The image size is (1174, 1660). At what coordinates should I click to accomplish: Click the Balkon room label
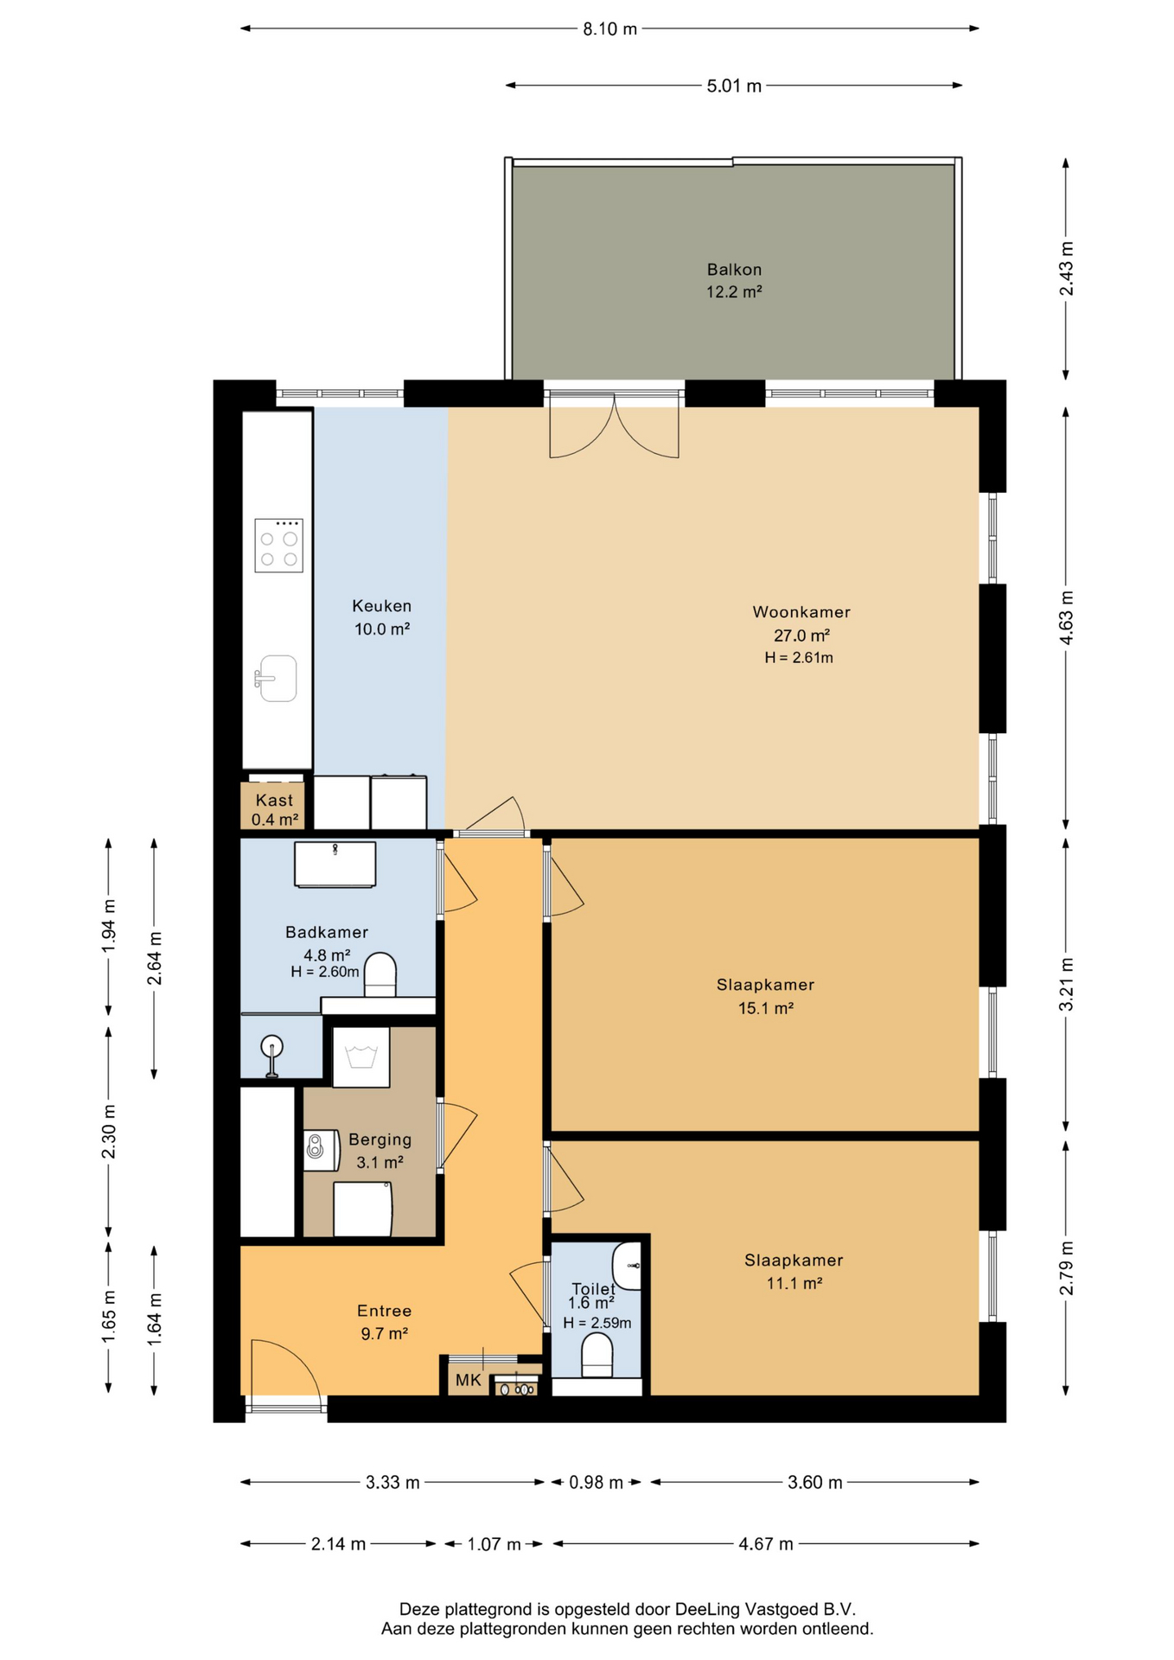point(734,270)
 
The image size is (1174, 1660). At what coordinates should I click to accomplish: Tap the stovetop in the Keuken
point(278,546)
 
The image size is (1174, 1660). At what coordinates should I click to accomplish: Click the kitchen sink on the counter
point(276,679)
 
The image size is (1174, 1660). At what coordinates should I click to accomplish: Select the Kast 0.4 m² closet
point(272,808)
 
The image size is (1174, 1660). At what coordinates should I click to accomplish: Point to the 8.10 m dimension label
point(609,29)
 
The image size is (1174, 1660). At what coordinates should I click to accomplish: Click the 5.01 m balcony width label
point(734,86)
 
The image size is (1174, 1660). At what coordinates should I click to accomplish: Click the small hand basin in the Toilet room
point(628,1266)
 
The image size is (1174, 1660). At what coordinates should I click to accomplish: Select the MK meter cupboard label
point(468,1381)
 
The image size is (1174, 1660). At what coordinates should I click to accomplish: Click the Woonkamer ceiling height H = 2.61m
point(799,658)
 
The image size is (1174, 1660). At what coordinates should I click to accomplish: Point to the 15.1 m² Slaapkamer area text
point(765,1008)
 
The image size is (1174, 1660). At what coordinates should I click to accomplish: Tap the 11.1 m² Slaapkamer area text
point(794,1284)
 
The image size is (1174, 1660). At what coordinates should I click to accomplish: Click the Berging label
point(380,1140)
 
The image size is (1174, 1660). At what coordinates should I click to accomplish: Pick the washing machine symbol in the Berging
point(360,1057)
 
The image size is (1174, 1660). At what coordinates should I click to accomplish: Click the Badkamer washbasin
point(335,864)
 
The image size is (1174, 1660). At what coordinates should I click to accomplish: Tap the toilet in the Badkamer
point(380,974)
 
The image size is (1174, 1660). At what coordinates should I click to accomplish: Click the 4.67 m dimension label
point(765,1544)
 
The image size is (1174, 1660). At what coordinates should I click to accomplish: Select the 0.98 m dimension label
point(596,1483)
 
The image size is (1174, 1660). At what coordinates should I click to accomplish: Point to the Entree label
point(384,1312)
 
